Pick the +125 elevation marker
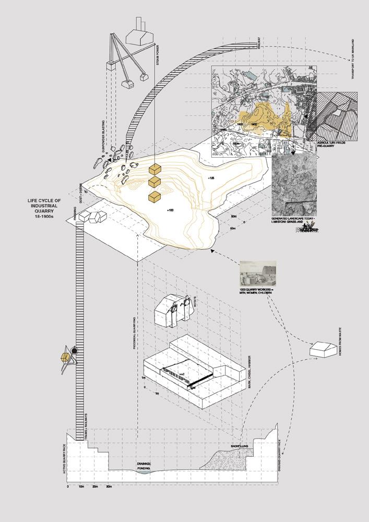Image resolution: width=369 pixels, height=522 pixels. tap(211, 179)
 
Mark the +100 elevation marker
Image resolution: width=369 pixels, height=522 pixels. tap(171, 210)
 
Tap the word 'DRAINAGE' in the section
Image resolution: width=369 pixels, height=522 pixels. tap(144, 464)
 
